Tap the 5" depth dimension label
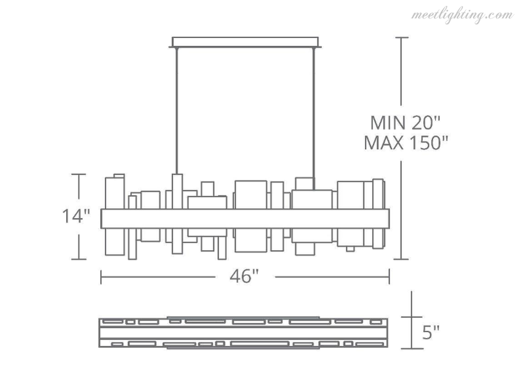[x=432, y=334]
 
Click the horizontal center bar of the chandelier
[x=245, y=219]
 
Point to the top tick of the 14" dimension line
[x=79, y=174]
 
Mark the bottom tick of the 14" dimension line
[x=79, y=260]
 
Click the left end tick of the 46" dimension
[x=100, y=277]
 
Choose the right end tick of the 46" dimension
[x=390, y=277]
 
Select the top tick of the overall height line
[x=402, y=37]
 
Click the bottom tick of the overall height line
[x=402, y=260]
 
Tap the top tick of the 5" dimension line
[x=411, y=292]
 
